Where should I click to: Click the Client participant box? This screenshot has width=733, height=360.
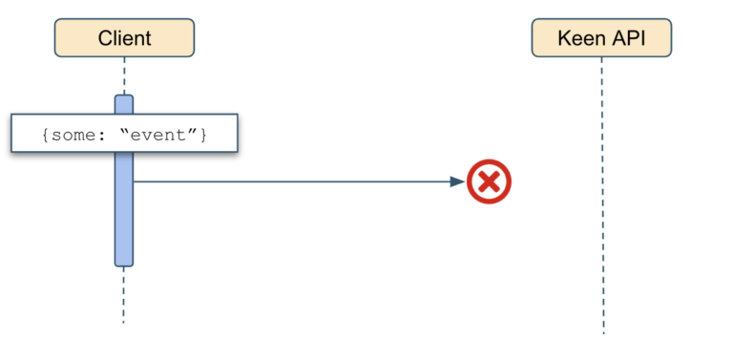(x=124, y=38)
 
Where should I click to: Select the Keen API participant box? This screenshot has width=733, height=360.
(x=601, y=38)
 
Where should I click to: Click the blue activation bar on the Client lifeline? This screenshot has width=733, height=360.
(x=124, y=210)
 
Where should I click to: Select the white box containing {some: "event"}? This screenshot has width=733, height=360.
(x=124, y=135)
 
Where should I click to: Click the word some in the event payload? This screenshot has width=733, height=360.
(x=69, y=135)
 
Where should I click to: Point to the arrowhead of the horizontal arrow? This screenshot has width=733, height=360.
(x=457, y=181)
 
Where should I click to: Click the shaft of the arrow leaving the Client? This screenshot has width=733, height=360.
(x=286, y=181)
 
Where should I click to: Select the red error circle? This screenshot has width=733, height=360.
(x=489, y=181)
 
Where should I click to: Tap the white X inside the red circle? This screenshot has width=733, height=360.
(x=489, y=181)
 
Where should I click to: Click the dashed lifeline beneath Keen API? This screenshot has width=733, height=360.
(x=602, y=191)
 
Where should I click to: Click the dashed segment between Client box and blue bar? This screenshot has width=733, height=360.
(x=124, y=75)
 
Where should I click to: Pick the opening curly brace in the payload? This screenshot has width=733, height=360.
(x=45, y=135)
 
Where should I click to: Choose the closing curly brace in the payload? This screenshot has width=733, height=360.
(x=202, y=135)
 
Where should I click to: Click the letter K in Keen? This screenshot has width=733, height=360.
(x=565, y=38)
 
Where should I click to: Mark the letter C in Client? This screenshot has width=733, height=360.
(x=104, y=38)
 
